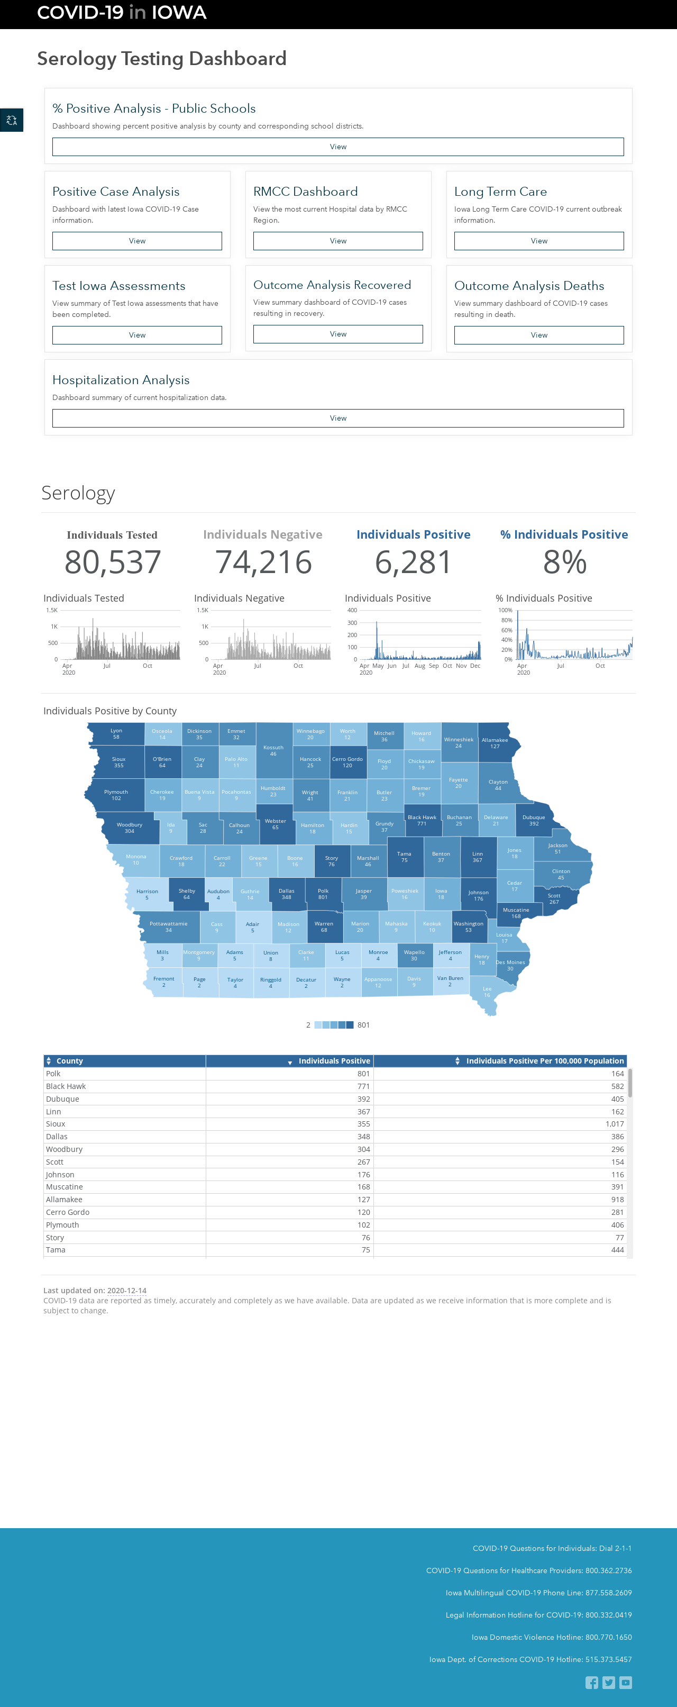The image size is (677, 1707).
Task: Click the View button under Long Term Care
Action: pyautogui.click(x=538, y=241)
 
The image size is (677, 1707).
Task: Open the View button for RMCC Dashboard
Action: pyautogui.click(x=338, y=241)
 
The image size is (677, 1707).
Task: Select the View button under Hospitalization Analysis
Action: pyautogui.click(x=338, y=418)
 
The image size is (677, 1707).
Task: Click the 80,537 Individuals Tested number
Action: pyautogui.click(x=113, y=562)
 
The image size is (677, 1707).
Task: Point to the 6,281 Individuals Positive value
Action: pyautogui.click(x=414, y=562)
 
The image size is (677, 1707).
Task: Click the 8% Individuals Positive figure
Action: pyautogui.click(x=564, y=562)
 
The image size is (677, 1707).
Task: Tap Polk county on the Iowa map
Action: pyautogui.click(x=323, y=893)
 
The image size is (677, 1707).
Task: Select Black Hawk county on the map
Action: pyautogui.click(x=422, y=820)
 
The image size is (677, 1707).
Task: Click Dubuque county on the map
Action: pyautogui.click(x=533, y=820)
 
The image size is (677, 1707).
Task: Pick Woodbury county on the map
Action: pyautogui.click(x=130, y=828)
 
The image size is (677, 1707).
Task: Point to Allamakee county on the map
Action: pyautogui.click(x=496, y=743)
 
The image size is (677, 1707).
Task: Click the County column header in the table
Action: pyautogui.click(x=70, y=1061)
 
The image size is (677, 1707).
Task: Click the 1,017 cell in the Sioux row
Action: pyautogui.click(x=614, y=1124)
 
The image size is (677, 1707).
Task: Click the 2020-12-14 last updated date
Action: pyautogui.click(x=126, y=1290)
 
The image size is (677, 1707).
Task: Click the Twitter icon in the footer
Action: pyautogui.click(x=609, y=1683)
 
